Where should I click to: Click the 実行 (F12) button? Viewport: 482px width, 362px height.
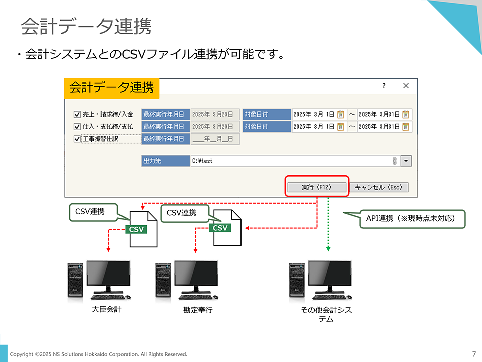[317, 187]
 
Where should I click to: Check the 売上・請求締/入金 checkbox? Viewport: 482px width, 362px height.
[77, 114]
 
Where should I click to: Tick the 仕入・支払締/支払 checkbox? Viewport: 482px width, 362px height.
[77, 127]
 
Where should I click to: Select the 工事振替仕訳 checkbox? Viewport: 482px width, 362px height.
[77, 139]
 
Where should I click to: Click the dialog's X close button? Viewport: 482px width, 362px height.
[406, 86]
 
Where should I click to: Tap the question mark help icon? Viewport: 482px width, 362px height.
[384, 86]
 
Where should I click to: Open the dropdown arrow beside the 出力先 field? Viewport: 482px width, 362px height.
[406, 161]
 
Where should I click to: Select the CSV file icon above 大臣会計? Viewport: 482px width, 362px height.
[143, 229]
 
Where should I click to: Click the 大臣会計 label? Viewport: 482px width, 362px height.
[106, 309]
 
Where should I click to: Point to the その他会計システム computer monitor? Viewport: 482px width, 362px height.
[329, 278]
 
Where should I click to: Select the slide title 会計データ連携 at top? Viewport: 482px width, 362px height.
[86, 27]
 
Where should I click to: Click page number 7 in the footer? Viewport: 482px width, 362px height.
[474, 354]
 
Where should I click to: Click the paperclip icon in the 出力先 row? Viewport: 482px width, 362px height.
[394, 161]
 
